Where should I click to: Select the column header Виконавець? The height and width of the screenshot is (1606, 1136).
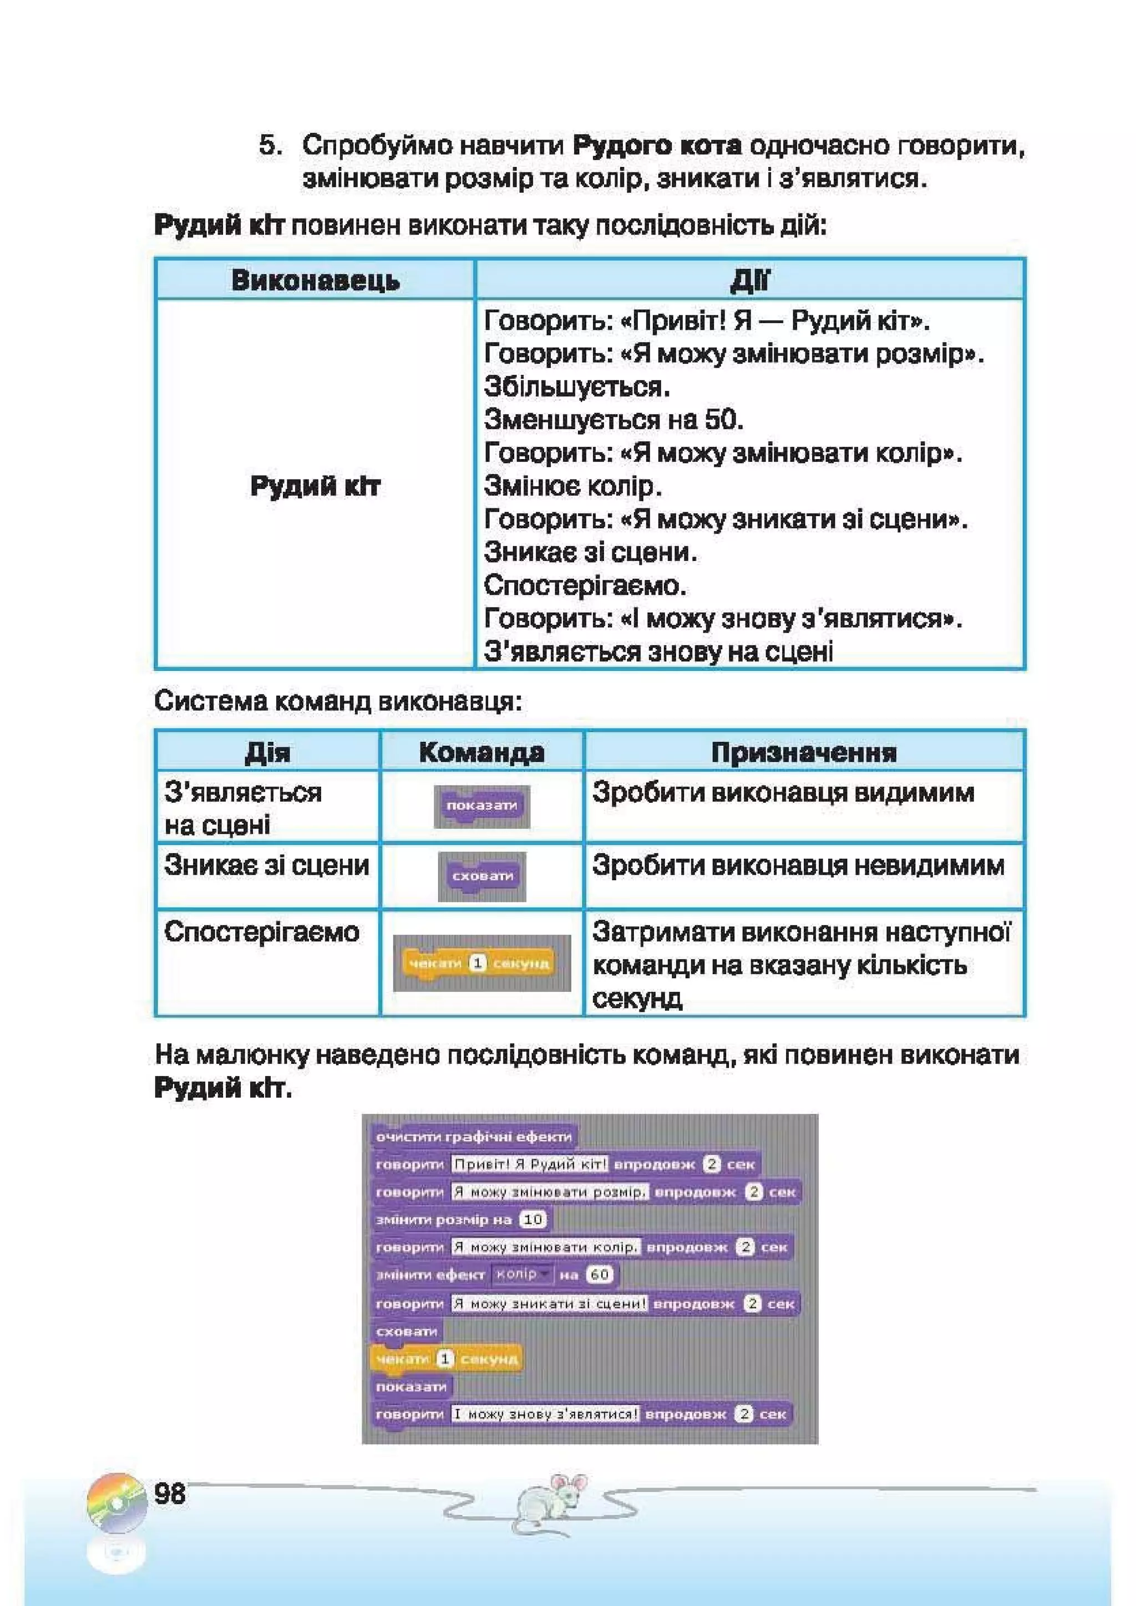(x=315, y=281)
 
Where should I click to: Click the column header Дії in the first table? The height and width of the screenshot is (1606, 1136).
(x=749, y=281)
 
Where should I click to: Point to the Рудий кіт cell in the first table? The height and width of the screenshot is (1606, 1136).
(x=315, y=486)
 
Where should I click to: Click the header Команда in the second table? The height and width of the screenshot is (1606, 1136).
(x=481, y=752)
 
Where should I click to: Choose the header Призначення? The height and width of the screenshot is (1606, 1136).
(x=804, y=752)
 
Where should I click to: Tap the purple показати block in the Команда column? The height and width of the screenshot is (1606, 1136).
(x=481, y=806)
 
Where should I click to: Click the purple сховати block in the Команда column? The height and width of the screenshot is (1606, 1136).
(x=482, y=876)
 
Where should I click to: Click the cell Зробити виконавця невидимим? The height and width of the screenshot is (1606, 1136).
(x=798, y=866)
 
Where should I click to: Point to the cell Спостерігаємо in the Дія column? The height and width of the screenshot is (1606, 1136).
(x=261, y=932)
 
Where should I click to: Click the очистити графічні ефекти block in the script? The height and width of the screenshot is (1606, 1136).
(x=473, y=1136)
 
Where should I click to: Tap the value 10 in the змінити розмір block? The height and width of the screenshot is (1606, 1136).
(x=534, y=1219)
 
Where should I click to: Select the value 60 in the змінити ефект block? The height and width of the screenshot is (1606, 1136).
(x=600, y=1274)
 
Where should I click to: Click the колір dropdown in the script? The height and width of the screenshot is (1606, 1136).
(x=521, y=1274)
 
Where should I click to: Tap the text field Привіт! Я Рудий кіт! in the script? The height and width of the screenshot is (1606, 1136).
(x=529, y=1164)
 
